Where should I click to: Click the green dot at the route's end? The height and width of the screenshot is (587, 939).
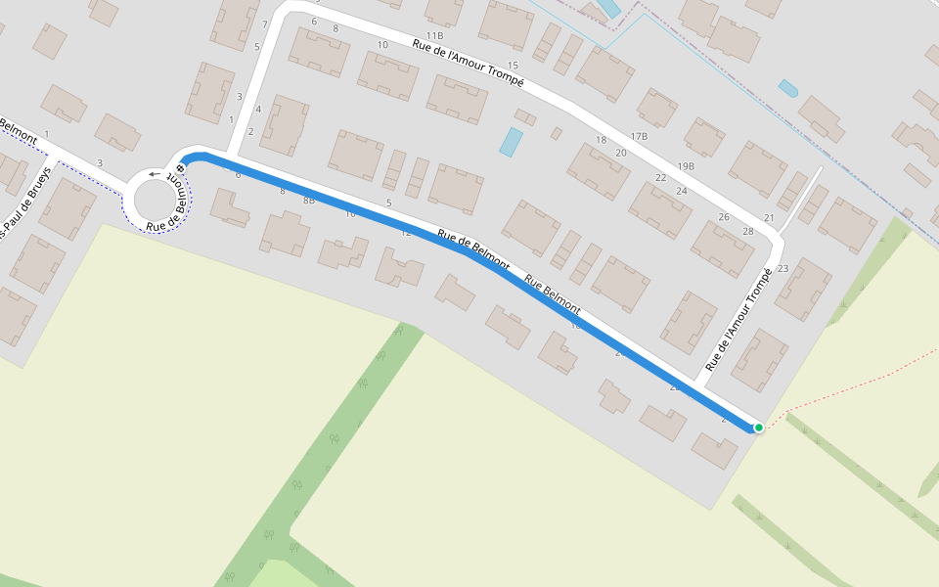(758, 428)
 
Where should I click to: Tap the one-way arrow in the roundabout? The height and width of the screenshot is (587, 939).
(155, 176)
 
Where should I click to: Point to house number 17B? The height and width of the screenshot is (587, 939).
(639, 137)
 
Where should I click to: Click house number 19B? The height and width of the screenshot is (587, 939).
(686, 166)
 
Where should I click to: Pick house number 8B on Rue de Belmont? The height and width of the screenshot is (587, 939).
(309, 201)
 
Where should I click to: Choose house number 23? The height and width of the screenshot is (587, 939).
(782, 268)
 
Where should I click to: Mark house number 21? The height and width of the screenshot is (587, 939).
(769, 218)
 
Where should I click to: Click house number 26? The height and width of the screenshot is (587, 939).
(724, 217)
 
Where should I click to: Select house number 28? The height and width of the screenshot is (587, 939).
(748, 232)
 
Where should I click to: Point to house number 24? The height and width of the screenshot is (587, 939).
(682, 191)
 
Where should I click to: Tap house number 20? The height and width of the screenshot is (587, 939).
(621, 153)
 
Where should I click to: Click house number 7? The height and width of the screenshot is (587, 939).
(264, 24)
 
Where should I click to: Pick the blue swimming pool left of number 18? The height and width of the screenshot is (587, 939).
(511, 142)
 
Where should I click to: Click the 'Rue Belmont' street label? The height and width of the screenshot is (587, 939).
(553, 294)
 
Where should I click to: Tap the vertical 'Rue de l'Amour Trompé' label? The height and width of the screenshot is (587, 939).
(738, 320)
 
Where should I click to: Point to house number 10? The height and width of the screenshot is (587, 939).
(382, 45)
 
